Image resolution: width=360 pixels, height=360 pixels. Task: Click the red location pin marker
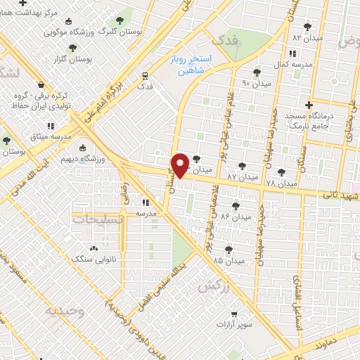click(x=180, y=165)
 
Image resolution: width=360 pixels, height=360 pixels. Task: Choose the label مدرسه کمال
click(x=291, y=64)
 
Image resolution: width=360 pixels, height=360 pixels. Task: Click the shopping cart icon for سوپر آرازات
click(x=233, y=315)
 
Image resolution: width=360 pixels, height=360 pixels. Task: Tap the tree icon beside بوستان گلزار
click(x=72, y=48)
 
